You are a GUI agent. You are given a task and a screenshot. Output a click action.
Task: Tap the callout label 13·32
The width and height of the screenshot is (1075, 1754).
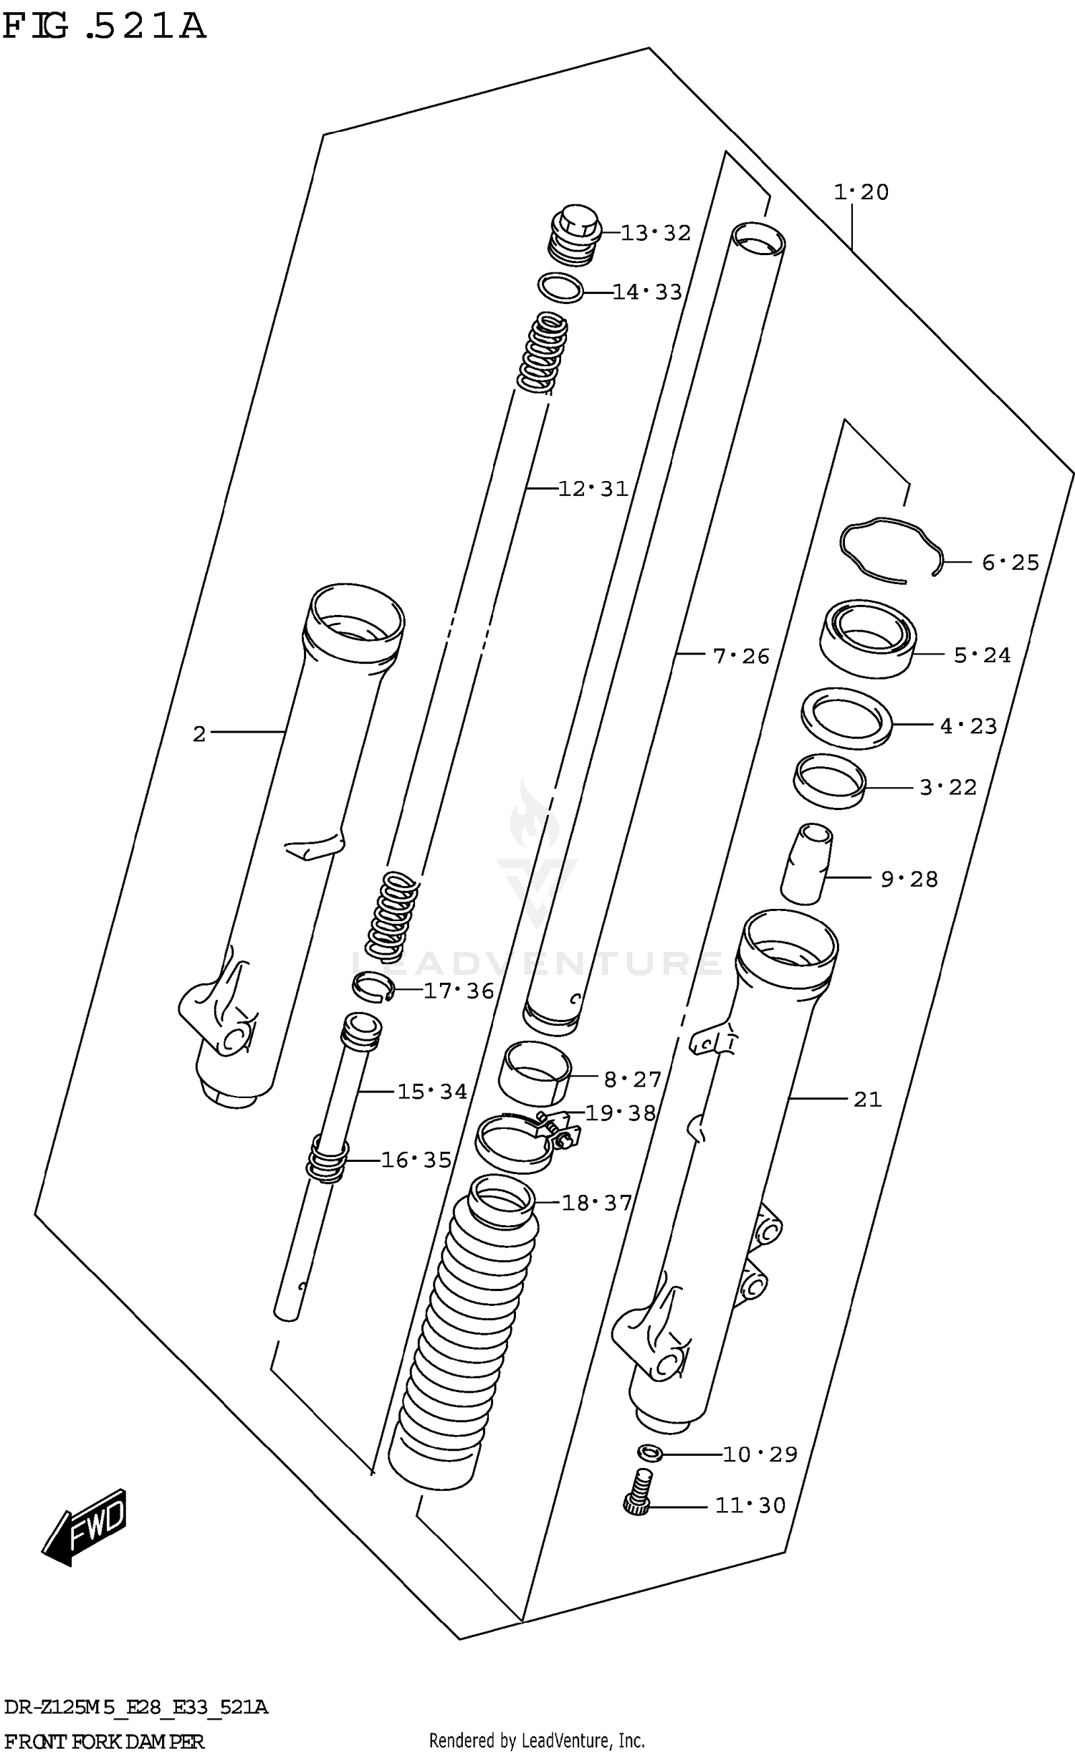655,233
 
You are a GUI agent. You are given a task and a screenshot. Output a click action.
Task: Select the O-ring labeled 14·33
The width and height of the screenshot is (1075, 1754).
560,288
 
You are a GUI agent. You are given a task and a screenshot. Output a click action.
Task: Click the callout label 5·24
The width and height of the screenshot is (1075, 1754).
981,655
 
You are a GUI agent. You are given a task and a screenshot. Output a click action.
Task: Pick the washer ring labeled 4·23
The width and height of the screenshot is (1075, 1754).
846,718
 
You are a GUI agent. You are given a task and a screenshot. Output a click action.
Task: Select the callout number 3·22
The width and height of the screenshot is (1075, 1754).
947,788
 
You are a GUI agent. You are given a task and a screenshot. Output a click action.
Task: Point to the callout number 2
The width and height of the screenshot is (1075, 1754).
199,733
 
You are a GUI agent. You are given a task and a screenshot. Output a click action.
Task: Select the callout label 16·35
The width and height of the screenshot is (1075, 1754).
416,1160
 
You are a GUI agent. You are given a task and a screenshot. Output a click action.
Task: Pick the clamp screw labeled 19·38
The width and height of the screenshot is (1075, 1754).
561,1133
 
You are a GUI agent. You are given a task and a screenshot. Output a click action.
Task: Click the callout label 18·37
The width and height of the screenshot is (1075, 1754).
596,1203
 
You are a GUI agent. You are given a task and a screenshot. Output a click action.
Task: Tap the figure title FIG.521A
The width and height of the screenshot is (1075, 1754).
104,27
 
